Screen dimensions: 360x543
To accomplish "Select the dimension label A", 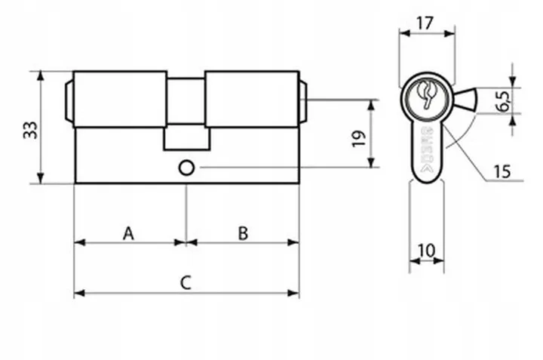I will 128,233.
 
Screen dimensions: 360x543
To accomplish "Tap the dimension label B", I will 242,233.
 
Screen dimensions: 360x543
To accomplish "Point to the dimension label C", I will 186,283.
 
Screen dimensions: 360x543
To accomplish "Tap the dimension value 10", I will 427,250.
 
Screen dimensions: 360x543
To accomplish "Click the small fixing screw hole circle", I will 186,167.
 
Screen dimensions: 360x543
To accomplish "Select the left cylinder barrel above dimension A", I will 120,98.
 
